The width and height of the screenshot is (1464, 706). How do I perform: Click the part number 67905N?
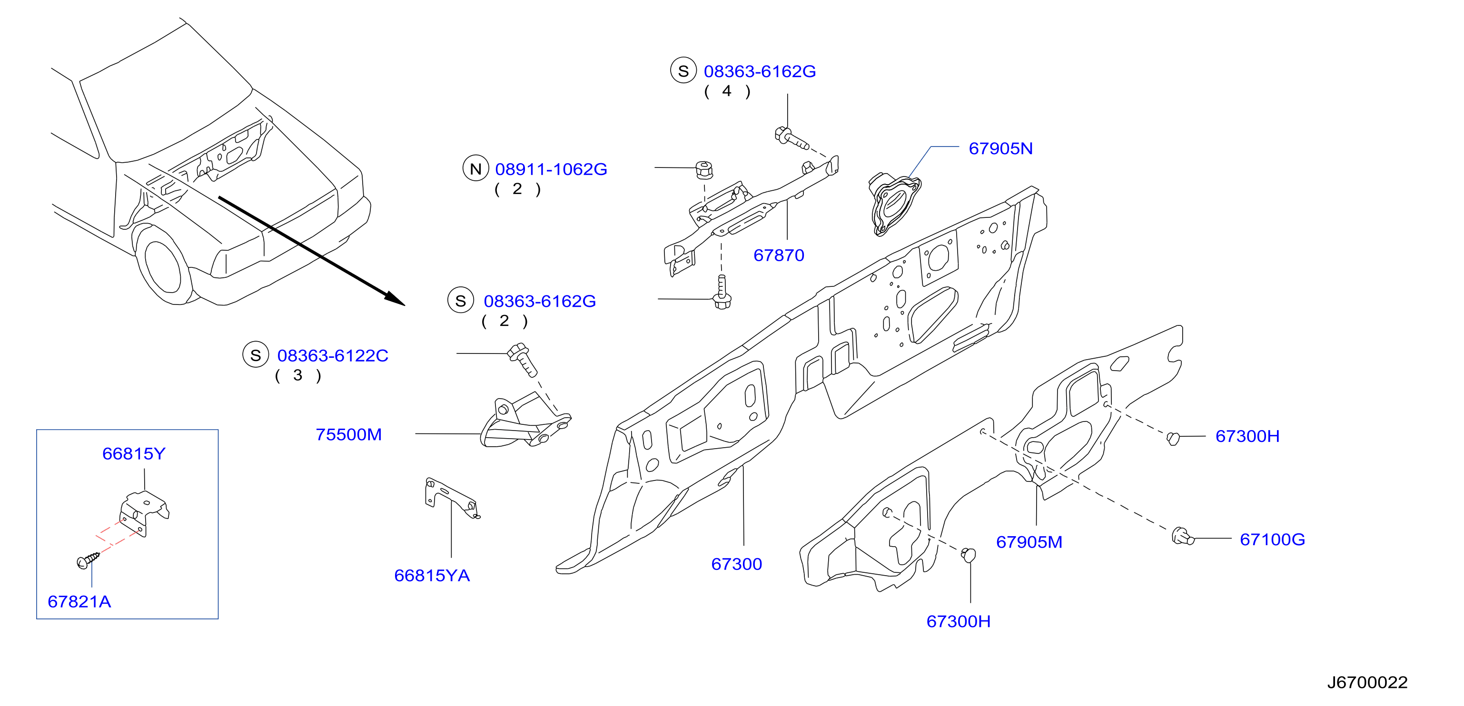tap(1000, 148)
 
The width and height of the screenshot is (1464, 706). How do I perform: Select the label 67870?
tap(779, 255)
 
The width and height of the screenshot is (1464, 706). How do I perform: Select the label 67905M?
tap(1029, 542)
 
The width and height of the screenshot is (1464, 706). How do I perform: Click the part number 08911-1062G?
tap(551, 169)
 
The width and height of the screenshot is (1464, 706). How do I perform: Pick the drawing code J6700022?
tap(1367, 682)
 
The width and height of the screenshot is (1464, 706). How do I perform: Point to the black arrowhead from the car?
tap(396, 299)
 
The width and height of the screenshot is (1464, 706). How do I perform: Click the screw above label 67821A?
tap(88, 560)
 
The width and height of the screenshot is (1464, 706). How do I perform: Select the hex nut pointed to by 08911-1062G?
tap(704, 170)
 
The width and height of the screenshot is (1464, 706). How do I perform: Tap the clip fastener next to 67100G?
tap(1183, 536)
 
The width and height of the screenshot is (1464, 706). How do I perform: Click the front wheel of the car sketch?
tap(164, 266)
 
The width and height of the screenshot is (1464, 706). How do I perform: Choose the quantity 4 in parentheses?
tap(727, 91)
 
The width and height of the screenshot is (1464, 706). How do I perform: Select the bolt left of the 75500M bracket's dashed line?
tap(522, 359)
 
